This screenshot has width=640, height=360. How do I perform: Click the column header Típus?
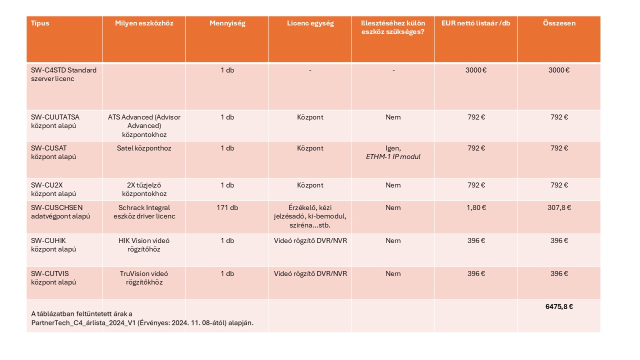pyautogui.click(x=40, y=23)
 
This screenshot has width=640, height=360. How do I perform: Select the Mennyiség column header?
pyautogui.click(x=227, y=23)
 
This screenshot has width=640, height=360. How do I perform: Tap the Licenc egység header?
pyautogui.click(x=310, y=23)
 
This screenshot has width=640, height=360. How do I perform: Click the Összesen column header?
pyautogui.click(x=558, y=23)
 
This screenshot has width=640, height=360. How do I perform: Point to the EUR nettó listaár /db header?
pyautogui.click(x=475, y=23)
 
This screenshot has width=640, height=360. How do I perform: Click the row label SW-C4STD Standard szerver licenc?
pyautogui.click(x=63, y=74)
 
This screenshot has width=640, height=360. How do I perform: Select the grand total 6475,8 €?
pyautogui.click(x=558, y=306)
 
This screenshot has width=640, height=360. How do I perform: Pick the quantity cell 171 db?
pyautogui.click(x=227, y=207)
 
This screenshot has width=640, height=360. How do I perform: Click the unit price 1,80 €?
pyautogui.click(x=475, y=207)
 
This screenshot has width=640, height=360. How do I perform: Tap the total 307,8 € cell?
pyautogui.click(x=558, y=207)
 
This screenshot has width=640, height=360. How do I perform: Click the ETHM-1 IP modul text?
pyautogui.click(x=393, y=157)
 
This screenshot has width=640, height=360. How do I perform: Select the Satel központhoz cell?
pyautogui.click(x=144, y=148)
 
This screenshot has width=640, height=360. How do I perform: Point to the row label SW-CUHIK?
pyautogui.click(x=48, y=240)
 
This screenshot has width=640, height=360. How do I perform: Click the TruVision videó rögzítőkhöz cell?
pyautogui.click(x=144, y=278)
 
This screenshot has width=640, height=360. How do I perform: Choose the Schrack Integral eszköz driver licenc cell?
pyautogui.click(x=144, y=212)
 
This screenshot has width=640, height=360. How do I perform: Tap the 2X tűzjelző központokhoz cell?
pyautogui.click(x=144, y=189)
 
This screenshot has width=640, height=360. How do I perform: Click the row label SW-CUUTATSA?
pyautogui.click(x=55, y=117)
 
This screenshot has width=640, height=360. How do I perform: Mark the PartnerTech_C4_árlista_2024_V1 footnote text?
pyautogui.click(x=142, y=322)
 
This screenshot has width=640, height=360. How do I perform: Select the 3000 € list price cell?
pyautogui.click(x=475, y=70)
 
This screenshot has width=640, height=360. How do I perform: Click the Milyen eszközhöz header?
pyautogui.click(x=144, y=23)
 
